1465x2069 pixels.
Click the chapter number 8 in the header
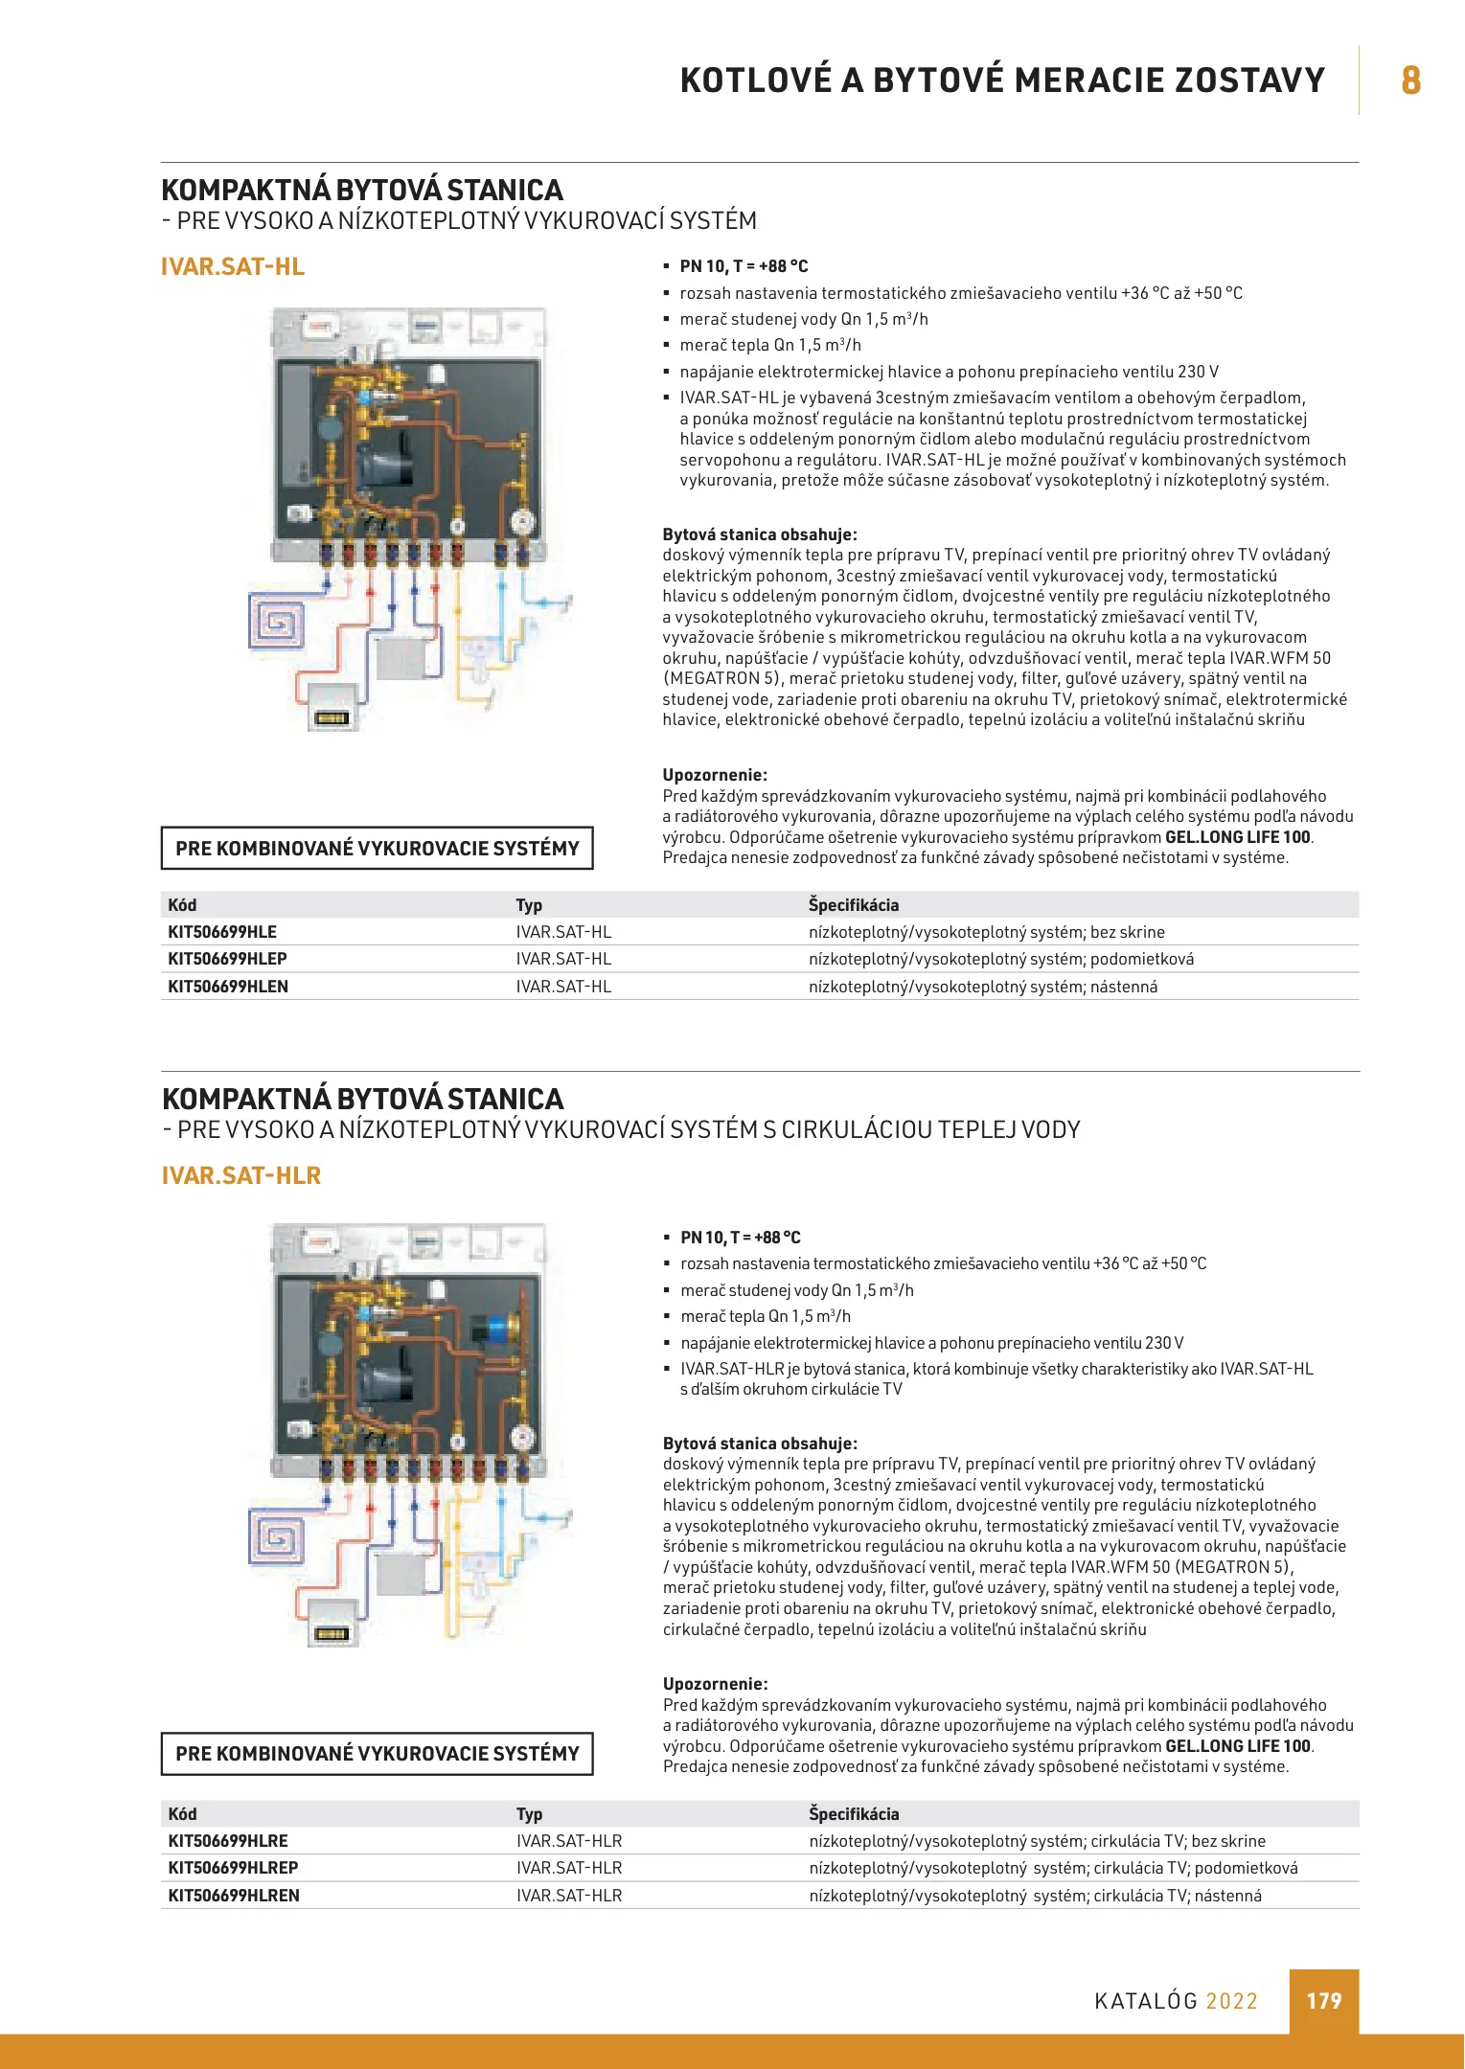1410,80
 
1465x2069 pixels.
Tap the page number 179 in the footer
1324,2001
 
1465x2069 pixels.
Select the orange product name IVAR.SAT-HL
233,267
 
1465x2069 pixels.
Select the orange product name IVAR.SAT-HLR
241,1175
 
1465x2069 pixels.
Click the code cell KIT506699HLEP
228,959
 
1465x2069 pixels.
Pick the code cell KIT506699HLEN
228,987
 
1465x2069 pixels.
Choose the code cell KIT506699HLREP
234,1868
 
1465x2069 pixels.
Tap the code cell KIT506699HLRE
228,1841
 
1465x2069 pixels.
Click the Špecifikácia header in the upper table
854,905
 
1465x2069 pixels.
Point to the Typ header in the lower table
530,1814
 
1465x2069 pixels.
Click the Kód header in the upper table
182,905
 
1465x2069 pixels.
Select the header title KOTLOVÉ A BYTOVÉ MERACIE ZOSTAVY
1002,80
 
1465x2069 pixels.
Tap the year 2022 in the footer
1232,2001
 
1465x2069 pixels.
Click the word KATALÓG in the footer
1146,2001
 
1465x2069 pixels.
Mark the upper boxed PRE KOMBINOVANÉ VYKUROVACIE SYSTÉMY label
378,849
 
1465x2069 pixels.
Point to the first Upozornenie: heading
715,775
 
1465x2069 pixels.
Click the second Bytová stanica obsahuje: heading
760,1444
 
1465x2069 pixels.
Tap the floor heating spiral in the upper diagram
277,622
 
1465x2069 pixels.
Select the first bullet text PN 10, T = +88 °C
744,266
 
